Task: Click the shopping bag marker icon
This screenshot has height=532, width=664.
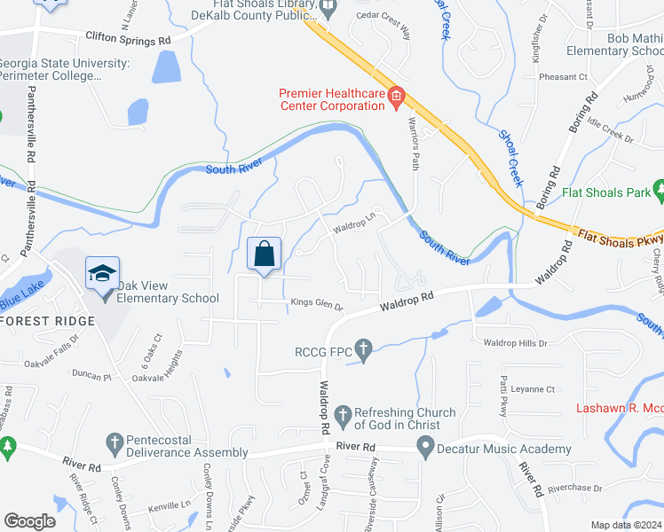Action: [x=264, y=254]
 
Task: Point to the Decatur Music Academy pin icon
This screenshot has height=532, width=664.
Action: [x=426, y=449]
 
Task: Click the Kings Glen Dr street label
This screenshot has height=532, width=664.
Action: [x=317, y=306]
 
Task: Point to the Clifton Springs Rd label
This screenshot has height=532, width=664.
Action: [x=128, y=40]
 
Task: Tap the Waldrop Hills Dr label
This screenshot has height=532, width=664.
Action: [x=516, y=343]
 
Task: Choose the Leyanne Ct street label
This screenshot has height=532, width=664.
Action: [x=534, y=388]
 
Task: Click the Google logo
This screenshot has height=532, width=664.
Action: [x=30, y=521]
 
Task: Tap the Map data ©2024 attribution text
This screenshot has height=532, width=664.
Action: [x=626, y=525]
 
